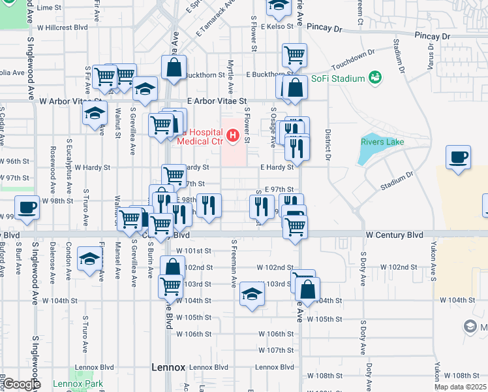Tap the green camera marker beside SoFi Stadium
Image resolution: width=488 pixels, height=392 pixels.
(x=374, y=78)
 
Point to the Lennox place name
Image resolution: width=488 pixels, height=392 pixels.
(x=168, y=367)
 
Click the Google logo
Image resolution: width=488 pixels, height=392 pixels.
(x=21, y=384)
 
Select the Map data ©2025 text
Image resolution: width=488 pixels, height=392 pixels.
(x=459, y=387)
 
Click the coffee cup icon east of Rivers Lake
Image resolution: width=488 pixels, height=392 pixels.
(x=458, y=157)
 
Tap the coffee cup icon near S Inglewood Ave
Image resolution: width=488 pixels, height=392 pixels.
(x=27, y=208)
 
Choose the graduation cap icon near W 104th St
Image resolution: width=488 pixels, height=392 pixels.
(x=251, y=295)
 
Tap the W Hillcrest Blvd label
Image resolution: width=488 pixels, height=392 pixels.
(x=62, y=27)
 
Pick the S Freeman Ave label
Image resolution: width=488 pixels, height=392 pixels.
(x=233, y=263)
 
